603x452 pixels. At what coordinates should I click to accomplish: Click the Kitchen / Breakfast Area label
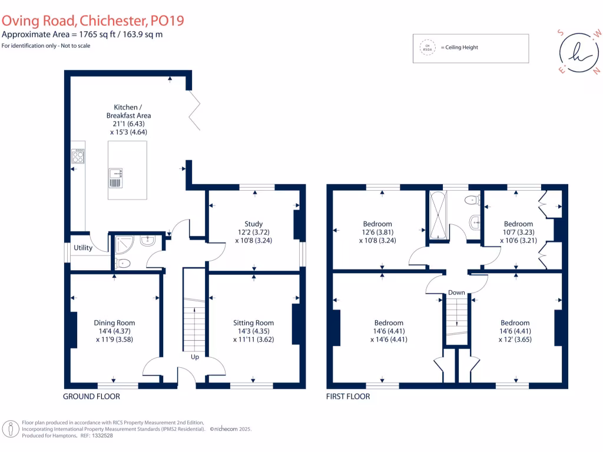click(x=128, y=111)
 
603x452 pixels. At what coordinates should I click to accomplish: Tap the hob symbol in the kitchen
click(x=78, y=157)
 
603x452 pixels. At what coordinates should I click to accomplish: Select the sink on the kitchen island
click(x=115, y=177)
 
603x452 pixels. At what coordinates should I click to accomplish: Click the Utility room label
click(x=83, y=248)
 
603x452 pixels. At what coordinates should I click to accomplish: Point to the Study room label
click(x=253, y=224)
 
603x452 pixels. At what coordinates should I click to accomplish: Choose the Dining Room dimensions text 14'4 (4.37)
click(x=114, y=331)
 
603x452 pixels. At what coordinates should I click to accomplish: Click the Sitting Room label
click(x=253, y=323)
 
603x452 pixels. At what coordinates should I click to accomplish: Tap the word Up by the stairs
click(x=194, y=357)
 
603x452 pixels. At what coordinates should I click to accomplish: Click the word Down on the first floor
click(x=456, y=293)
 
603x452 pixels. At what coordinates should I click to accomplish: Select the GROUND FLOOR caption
click(x=91, y=397)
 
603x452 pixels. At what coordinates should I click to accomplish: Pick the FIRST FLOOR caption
click(x=348, y=397)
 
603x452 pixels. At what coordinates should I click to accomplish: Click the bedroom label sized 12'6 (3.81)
click(x=377, y=224)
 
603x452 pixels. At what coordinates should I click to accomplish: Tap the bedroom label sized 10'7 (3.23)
click(x=518, y=224)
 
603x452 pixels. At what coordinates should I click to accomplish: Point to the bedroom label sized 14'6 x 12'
click(x=515, y=323)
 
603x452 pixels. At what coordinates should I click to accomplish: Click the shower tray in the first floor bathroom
click(x=439, y=215)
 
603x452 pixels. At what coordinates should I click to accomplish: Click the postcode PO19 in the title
click(x=167, y=21)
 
